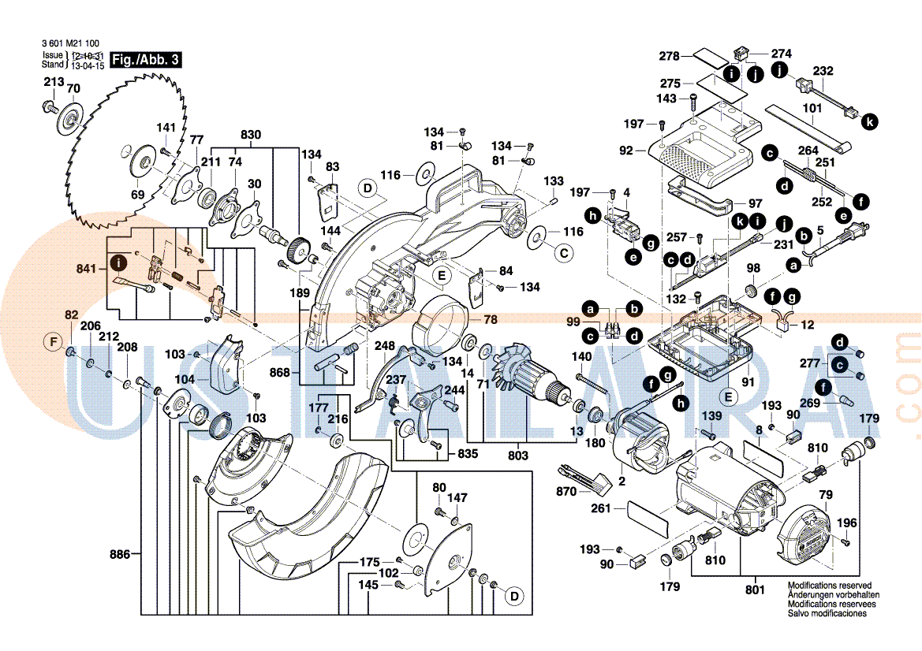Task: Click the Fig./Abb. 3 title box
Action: (x=147, y=60)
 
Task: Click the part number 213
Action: (x=54, y=82)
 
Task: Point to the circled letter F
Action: (x=54, y=342)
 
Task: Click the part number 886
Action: (x=120, y=555)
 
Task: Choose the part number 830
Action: (x=250, y=135)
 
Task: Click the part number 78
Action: (x=491, y=319)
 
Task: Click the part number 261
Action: (x=601, y=509)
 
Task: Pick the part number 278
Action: (x=670, y=56)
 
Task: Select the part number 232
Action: (x=823, y=71)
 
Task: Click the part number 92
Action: (x=627, y=150)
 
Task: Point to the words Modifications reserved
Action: (x=824, y=586)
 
